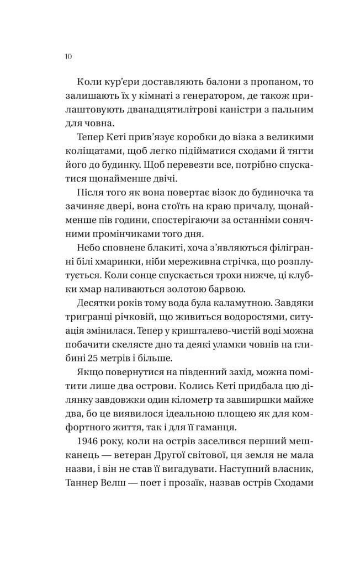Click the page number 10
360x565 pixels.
click(68, 56)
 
